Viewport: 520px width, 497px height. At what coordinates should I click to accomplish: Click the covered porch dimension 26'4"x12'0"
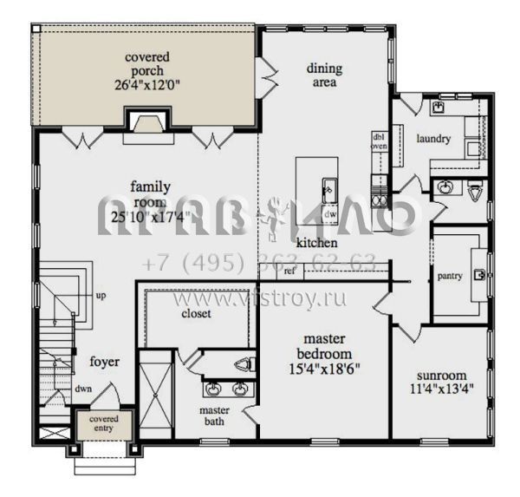click(x=146, y=85)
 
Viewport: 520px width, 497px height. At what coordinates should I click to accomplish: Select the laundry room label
click(x=432, y=139)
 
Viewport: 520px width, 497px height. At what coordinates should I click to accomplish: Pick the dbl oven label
click(x=379, y=141)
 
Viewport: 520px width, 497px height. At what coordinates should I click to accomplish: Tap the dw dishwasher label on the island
click(x=329, y=212)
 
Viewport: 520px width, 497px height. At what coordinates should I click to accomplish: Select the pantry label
click(x=450, y=276)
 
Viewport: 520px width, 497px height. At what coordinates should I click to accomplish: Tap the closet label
click(x=196, y=314)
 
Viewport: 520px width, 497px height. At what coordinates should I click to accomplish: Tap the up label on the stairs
click(x=101, y=296)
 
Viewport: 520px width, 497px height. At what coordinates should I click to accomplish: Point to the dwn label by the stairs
click(x=83, y=389)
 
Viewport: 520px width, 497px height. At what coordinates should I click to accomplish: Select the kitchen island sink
click(x=329, y=186)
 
